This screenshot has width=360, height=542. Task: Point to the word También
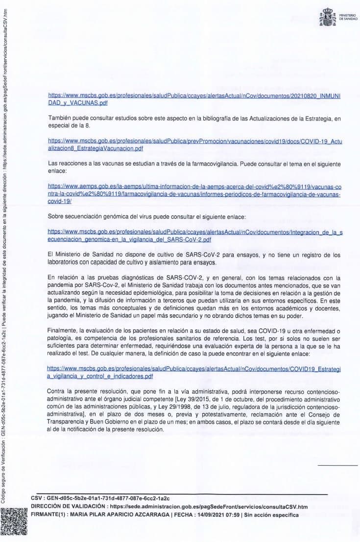(60, 118)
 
